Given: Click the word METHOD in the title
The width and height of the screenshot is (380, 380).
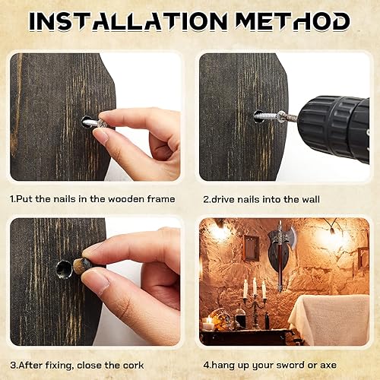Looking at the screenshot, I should pyautogui.click(x=293, y=21).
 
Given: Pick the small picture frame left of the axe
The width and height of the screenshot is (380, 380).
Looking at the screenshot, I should pyautogui.click(x=250, y=247).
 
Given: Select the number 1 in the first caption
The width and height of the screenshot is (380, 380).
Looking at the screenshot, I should pyautogui.click(x=13, y=198).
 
